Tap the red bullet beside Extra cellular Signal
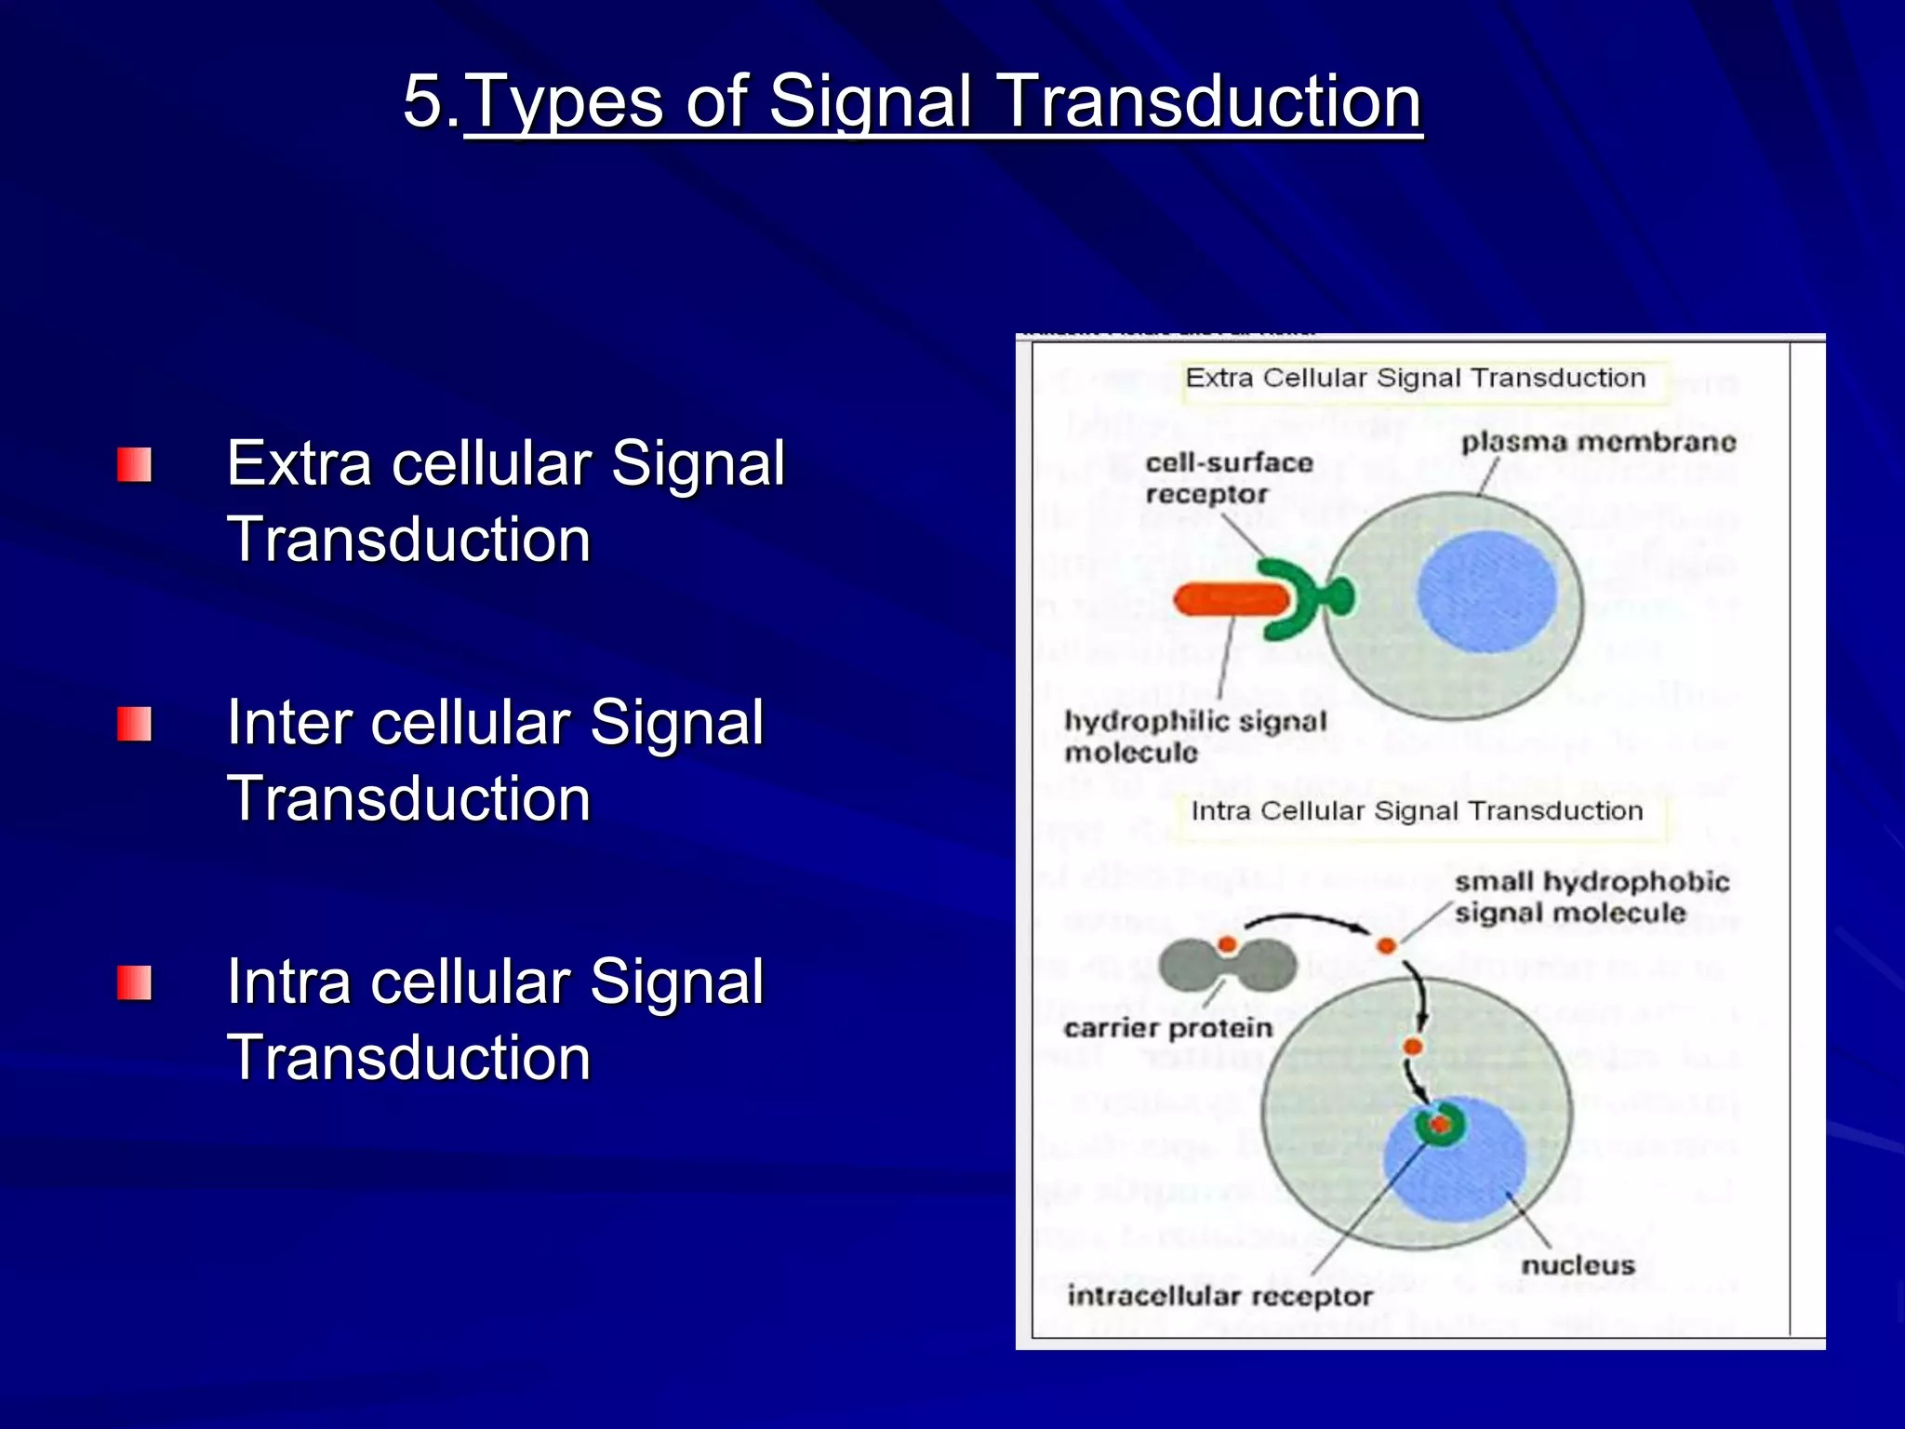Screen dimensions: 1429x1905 pyautogui.click(x=134, y=464)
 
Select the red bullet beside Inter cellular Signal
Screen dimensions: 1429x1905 pyautogui.click(x=134, y=724)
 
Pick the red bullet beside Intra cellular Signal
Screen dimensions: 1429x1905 pyautogui.click(x=134, y=982)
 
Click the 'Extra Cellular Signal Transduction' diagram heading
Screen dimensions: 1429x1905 pyautogui.click(x=1415, y=379)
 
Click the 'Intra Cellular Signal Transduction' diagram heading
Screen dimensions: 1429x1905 pyautogui.click(x=1417, y=811)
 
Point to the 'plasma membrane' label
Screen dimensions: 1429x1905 pyautogui.click(x=1597, y=442)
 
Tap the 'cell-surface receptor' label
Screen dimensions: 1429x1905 pyautogui.click(x=1228, y=478)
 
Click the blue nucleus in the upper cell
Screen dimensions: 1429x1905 pyautogui.click(x=1486, y=592)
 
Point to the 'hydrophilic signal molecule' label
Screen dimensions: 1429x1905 pyautogui.click(x=1194, y=736)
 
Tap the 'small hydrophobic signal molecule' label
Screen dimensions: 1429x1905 pyautogui.click(x=1591, y=897)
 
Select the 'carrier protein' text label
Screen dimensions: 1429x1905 pyautogui.click(x=1167, y=1028)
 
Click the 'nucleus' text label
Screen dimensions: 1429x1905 pyautogui.click(x=1578, y=1265)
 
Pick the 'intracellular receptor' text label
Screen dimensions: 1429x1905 pyautogui.click(x=1219, y=1296)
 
